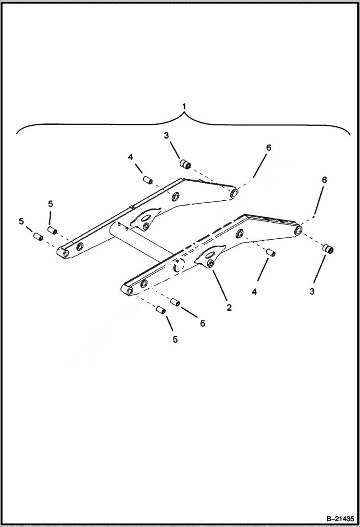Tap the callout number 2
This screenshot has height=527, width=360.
click(229, 307)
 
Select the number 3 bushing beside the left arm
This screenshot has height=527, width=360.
click(185, 165)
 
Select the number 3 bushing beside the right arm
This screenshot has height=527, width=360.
click(328, 249)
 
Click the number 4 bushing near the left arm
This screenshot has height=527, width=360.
click(148, 180)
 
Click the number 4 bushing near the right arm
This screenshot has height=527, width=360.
click(271, 252)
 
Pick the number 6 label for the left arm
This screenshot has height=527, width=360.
click(268, 147)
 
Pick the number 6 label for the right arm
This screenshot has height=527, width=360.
click(325, 180)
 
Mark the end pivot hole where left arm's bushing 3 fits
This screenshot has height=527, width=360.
click(235, 193)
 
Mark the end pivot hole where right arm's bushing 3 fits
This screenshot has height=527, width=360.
click(298, 232)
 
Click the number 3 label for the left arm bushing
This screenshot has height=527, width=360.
click(166, 136)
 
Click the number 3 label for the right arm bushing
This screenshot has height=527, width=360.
click(312, 292)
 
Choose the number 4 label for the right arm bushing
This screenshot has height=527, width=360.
click(254, 292)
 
